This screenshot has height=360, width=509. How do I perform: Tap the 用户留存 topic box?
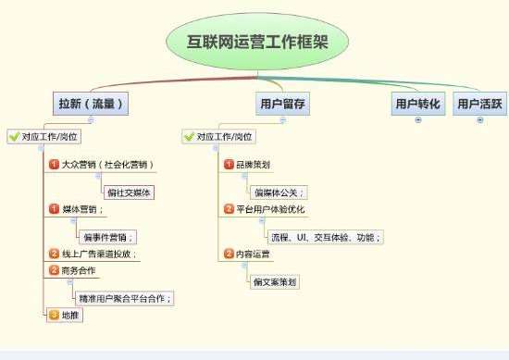coord(282,104)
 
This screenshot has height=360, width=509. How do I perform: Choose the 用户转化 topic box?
coord(417,104)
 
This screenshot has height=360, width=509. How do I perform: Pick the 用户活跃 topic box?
coord(480,104)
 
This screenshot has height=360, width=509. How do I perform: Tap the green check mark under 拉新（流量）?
coord(14,136)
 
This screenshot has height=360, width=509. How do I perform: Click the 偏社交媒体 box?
coord(129,192)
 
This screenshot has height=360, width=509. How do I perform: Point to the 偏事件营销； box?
coord(107,237)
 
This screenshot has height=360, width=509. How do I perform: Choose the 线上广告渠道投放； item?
coord(99,254)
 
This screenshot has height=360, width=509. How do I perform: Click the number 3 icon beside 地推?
coord(54,315)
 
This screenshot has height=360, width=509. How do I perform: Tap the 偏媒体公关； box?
coord(279,192)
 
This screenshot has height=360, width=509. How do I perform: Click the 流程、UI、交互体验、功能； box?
coord(317,237)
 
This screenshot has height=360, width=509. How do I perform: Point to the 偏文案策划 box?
coord(275,281)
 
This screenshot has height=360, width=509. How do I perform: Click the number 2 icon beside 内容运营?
coord(229,254)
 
